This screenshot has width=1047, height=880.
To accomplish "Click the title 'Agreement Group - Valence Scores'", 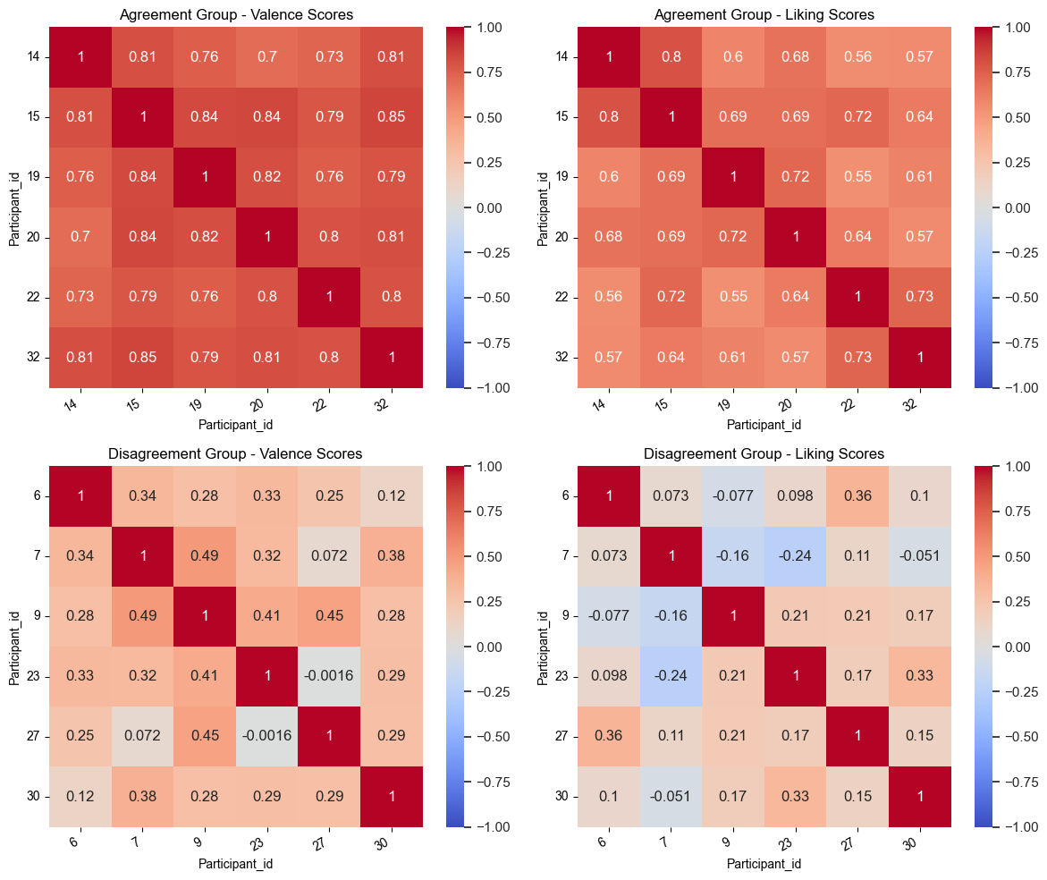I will click(x=236, y=14).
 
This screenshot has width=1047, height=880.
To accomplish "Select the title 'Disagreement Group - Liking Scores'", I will click(x=764, y=453).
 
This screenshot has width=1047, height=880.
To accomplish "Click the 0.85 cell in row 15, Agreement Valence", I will click(x=393, y=117).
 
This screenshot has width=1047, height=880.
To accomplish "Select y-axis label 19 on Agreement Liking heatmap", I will click(x=561, y=177).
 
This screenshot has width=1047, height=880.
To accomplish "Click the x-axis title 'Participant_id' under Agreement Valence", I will click(x=236, y=424).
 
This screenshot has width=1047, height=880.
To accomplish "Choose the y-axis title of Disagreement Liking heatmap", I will click(x=543, y=647).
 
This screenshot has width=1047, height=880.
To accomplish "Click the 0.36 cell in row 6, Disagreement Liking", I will click(x=857, y=495).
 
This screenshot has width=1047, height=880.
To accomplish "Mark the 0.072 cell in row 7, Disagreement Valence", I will click(x=330, y=555).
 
